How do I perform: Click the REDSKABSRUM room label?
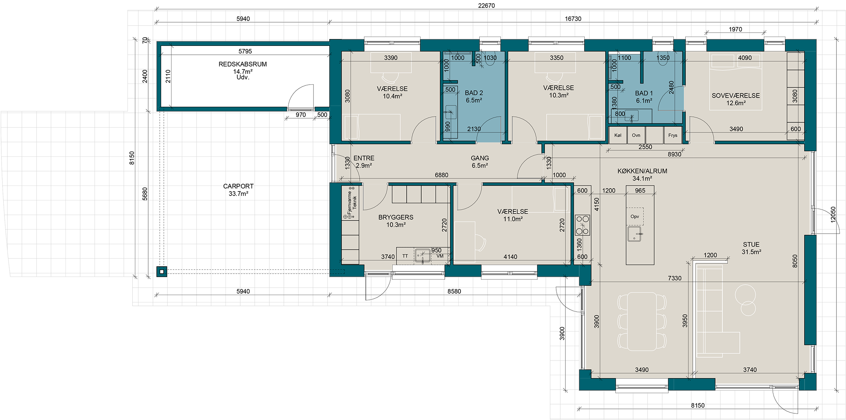(242, 64)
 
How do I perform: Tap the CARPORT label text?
(238, 186)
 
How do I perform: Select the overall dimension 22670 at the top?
(486, 6)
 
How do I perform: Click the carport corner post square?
(162, 272)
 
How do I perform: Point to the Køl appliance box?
(618, 135)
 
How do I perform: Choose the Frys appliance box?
(673, 135)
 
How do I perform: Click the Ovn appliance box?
(636, 135)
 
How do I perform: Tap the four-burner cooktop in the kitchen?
(582, 225)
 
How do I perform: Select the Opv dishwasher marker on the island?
(635, 217)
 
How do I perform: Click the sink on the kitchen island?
(634, 234)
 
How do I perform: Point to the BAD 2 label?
(474, 93)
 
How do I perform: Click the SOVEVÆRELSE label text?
(735, 95)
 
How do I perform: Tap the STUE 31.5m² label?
(751, 248)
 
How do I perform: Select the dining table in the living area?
(642, 321)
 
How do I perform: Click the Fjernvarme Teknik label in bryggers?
(352, 203)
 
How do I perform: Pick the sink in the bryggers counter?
(422, 255)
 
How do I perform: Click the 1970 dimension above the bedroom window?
(735, 29)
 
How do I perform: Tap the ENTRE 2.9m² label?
(364, 162)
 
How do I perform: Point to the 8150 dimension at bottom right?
(698, 405)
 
